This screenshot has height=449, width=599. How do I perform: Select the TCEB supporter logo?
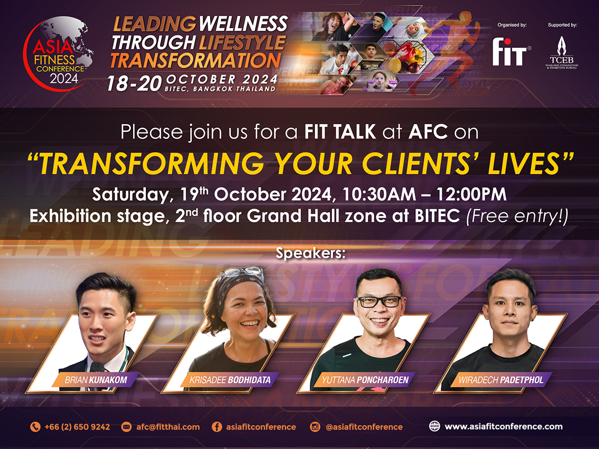(x=562, y=53)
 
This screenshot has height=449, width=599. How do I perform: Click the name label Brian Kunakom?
(x=96, y=380)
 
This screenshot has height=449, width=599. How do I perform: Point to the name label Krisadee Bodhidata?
(x=230, y=380)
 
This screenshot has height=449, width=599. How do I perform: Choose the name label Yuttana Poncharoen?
(x=365, y=380)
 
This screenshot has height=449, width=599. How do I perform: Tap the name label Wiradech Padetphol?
(x=501, y=380)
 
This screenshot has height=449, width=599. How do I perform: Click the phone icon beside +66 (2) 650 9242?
(x=35, y=427)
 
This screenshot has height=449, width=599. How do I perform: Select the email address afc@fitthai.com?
(x=168, y=427)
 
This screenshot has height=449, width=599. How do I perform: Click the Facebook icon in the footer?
(x=217, y=427)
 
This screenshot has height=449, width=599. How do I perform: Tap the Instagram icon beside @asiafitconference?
(x=314, y=427)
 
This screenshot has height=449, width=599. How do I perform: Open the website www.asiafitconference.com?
(x=504, y=427)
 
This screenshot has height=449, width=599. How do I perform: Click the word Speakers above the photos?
(x=310, y=253)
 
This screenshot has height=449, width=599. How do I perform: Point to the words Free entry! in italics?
(x=517, y=217)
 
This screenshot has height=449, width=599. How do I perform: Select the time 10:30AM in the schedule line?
(x=379, y=194)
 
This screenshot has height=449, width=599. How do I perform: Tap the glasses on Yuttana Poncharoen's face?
(x=379, y=301)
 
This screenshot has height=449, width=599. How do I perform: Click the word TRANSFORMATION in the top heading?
(x=196, y=60)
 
